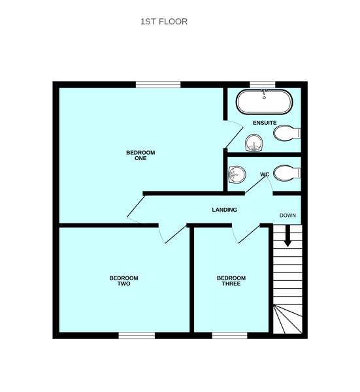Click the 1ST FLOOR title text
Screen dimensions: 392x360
pyautogui.click(x=164, y=22)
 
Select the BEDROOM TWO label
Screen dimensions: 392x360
pyautogui.click(x=123, y=281)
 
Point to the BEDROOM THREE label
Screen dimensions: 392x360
pyautogui.click(x=231, y=281)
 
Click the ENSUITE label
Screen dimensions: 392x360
pyautogui.click(x=265, y=123)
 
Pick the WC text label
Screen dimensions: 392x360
pyautogui.click(x=265, y=174)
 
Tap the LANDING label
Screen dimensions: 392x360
pyautogui.click(x=224, y=210)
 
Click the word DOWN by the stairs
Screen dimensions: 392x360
pyautogui.click(x=288, y=216)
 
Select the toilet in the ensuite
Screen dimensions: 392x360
pyautogui.click(x=286, y=133)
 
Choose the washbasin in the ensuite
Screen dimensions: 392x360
pyautogui.click(x=254, y=142)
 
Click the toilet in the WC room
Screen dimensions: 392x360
pyautogui.click(x=286, y=173)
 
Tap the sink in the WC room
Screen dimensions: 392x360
pyautogui.click(x=237, y=174)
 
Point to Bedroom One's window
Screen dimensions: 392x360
pyautogui.click(x=158, y=84)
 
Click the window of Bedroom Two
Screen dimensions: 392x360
pyautogui.click(x=137, y=335)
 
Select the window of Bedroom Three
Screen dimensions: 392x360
pyautogui.click(x=229, y=335)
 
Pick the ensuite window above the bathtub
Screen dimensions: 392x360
pyautogui.click(x=263, y=84)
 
